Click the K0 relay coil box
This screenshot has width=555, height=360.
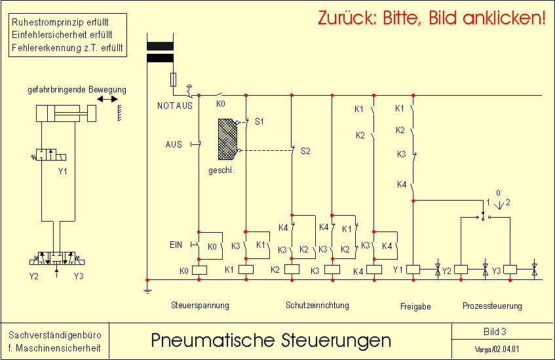click(199, 270)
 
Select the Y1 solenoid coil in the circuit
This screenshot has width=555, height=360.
click(413, 270)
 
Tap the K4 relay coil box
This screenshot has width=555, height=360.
click(373, 270)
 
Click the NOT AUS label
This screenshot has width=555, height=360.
click(175, 106)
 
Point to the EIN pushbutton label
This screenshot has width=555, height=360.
click(176, 245)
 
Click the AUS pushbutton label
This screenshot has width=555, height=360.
click(174, 144)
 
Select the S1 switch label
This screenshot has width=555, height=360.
click(259, 121)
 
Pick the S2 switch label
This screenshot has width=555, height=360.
click(305, 151)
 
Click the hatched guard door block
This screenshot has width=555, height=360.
click(227, 139)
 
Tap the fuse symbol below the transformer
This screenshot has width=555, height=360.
click(173, 80)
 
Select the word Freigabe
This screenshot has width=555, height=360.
click(415, 306)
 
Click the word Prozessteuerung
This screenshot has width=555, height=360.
click(492, 306)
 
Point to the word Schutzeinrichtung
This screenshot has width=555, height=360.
click(318, 305)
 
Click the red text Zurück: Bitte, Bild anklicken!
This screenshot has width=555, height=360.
click(431, 18)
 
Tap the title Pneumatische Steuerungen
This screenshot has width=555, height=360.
click(271, 340)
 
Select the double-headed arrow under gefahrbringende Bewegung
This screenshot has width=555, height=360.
click(107, 99)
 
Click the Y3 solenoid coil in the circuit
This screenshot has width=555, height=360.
click(510, 270)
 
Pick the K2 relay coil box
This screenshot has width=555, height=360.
click(292, 270)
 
